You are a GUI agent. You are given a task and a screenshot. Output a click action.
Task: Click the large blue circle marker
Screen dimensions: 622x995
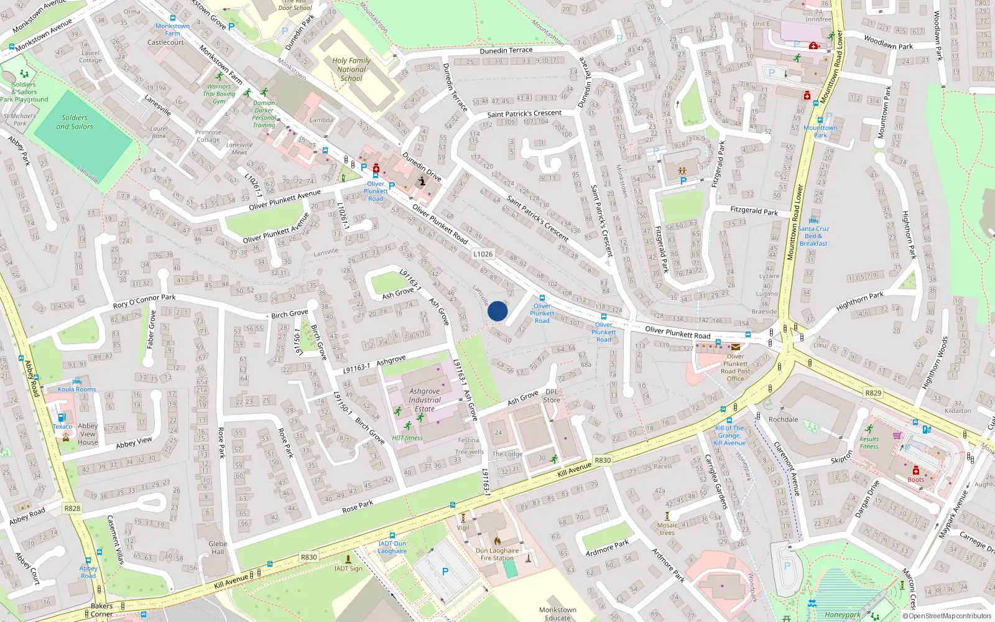point(497,311)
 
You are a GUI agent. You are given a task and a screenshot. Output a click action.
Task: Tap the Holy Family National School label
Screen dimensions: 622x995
point(351,70)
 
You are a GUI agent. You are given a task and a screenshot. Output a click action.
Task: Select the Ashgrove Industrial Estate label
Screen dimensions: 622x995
point(425,400)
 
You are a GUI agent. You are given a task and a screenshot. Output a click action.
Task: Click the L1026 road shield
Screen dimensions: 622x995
point(483,254)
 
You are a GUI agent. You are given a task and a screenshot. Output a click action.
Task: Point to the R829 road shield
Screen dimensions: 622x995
point(873,393)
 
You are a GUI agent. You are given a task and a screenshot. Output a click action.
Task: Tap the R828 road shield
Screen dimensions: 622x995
point(72,508)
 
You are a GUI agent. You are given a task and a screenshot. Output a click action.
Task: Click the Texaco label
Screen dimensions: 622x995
point(62,427)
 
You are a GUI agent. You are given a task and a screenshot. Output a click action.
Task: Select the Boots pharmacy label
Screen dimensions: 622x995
point(915,480)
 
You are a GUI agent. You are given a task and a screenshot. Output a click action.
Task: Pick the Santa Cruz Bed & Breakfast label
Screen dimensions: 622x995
point(813,236)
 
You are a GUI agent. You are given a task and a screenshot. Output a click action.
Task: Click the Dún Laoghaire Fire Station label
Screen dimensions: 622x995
point(497,554)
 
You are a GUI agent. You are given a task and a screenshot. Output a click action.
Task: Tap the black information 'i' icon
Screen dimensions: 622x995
point(422,181)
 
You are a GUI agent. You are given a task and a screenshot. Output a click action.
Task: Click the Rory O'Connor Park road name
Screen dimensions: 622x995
point(144,301)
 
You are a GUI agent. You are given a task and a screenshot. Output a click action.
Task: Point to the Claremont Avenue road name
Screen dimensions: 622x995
point(786,468)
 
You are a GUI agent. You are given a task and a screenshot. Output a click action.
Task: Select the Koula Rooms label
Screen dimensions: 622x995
point(77,389)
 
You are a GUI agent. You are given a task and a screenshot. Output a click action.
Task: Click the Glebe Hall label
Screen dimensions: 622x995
point(218,547)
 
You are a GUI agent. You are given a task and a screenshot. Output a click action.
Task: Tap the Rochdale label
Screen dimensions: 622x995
point(783,419)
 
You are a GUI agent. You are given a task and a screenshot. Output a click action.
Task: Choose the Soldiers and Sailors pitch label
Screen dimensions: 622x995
point(75,122)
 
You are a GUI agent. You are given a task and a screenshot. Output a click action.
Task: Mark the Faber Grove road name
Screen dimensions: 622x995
point(150,329)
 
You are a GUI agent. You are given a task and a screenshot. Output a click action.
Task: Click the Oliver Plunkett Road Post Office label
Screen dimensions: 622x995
point(735,368)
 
